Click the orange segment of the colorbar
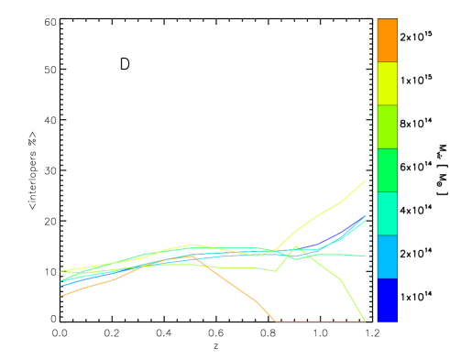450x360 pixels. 387,39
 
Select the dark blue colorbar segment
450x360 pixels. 387,300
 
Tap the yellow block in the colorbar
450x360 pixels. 387,83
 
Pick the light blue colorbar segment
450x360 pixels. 387,256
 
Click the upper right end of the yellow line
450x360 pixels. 366,180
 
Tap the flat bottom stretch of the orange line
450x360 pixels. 321,322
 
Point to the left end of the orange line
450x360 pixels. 61,296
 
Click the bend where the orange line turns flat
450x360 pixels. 277,322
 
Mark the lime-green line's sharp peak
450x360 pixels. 295,246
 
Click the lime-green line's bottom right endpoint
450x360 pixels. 366,322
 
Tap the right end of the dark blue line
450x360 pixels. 366,216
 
